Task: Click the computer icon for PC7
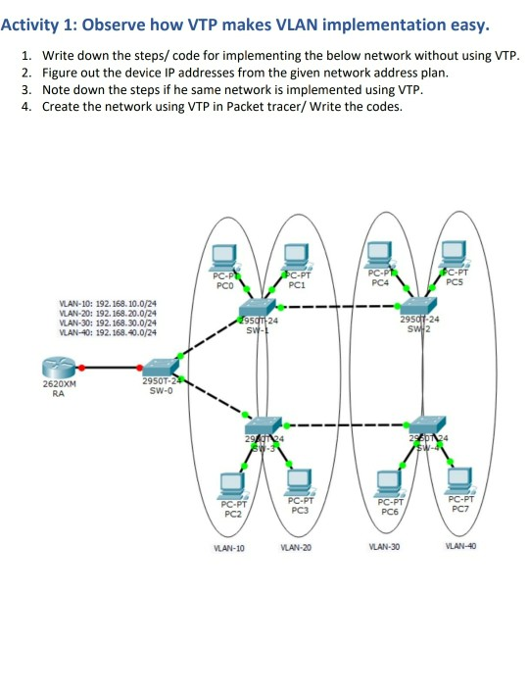[x=458, y=478]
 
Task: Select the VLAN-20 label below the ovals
[x=295, y=547]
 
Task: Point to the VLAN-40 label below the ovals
[x=460, y=546]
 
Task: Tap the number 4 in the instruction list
[x=24, y=106]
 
